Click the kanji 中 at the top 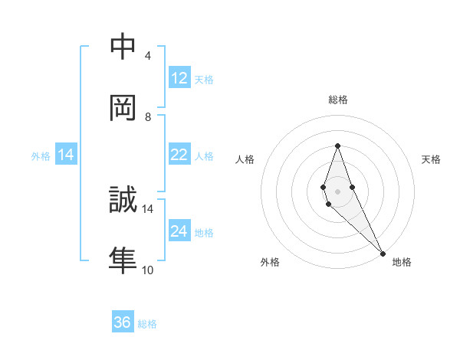pyautogui.click(x=123, y=48)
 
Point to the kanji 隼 pyautogui.click(x=123, y=260)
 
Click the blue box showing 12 pyautogui.click(x=179, y=78)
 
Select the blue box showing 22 pyautogui.click(x=179, y=155)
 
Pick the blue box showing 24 pyautogui.click(x=179, y=231)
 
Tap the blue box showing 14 pyautogui.click(x=66, y=155)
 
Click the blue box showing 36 pyautogui.click(x=123, y=322)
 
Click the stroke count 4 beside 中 pyautogui.click(x=148, y=56)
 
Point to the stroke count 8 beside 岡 pyautogui.click(x=148, y=117)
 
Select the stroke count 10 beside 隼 pyautogui.click(x=148, y=270)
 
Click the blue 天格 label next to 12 pyautogui.click(x=204, y=80)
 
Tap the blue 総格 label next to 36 pyautogui.click(x=147, y=324)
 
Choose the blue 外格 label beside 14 pyautogui.click(x=41, y=156)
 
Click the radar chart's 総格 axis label pyautogui.click(x=337, y=100)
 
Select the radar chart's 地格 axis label pyautogui.click(x=402, y=262)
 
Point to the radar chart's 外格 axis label pyautogui.click(x=270, y=262)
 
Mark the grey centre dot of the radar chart pyautogui.click(x=337, y=191)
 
